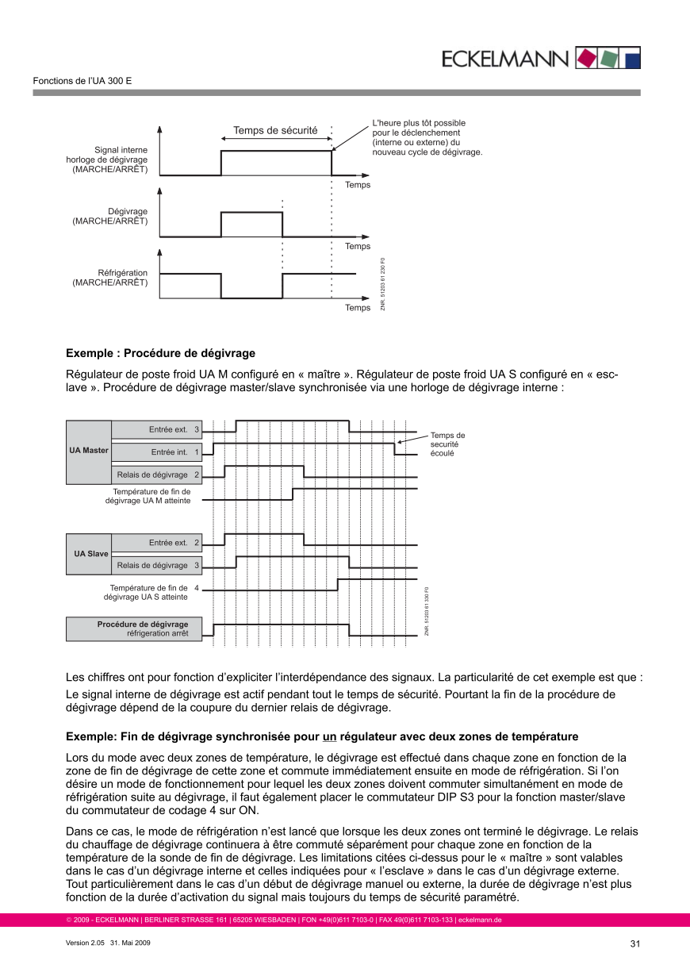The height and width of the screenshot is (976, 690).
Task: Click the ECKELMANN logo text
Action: tap(504, 59)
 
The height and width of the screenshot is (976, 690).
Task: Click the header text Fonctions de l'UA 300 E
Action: tap(82, 81)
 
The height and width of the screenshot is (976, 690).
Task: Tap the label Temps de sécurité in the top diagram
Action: tap(275, 130)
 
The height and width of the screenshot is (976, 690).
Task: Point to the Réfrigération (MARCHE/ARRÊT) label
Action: tap(110, 278)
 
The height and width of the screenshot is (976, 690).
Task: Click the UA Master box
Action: tap(89, 451)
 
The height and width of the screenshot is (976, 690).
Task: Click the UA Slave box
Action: tap(89, 554)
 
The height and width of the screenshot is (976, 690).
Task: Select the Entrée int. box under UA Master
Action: tap(156, 452)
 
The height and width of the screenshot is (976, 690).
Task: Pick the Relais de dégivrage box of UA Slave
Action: tap(156, 566)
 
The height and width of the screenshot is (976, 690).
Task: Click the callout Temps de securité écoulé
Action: tap(447, 444)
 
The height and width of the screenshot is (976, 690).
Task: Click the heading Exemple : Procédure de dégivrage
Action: tap(160, 353)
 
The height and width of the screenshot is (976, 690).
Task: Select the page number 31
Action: tap(634, 944)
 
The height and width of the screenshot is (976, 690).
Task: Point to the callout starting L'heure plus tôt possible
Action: tap(427, 137)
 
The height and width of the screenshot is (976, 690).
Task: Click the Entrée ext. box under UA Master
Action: tap(156, 429)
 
